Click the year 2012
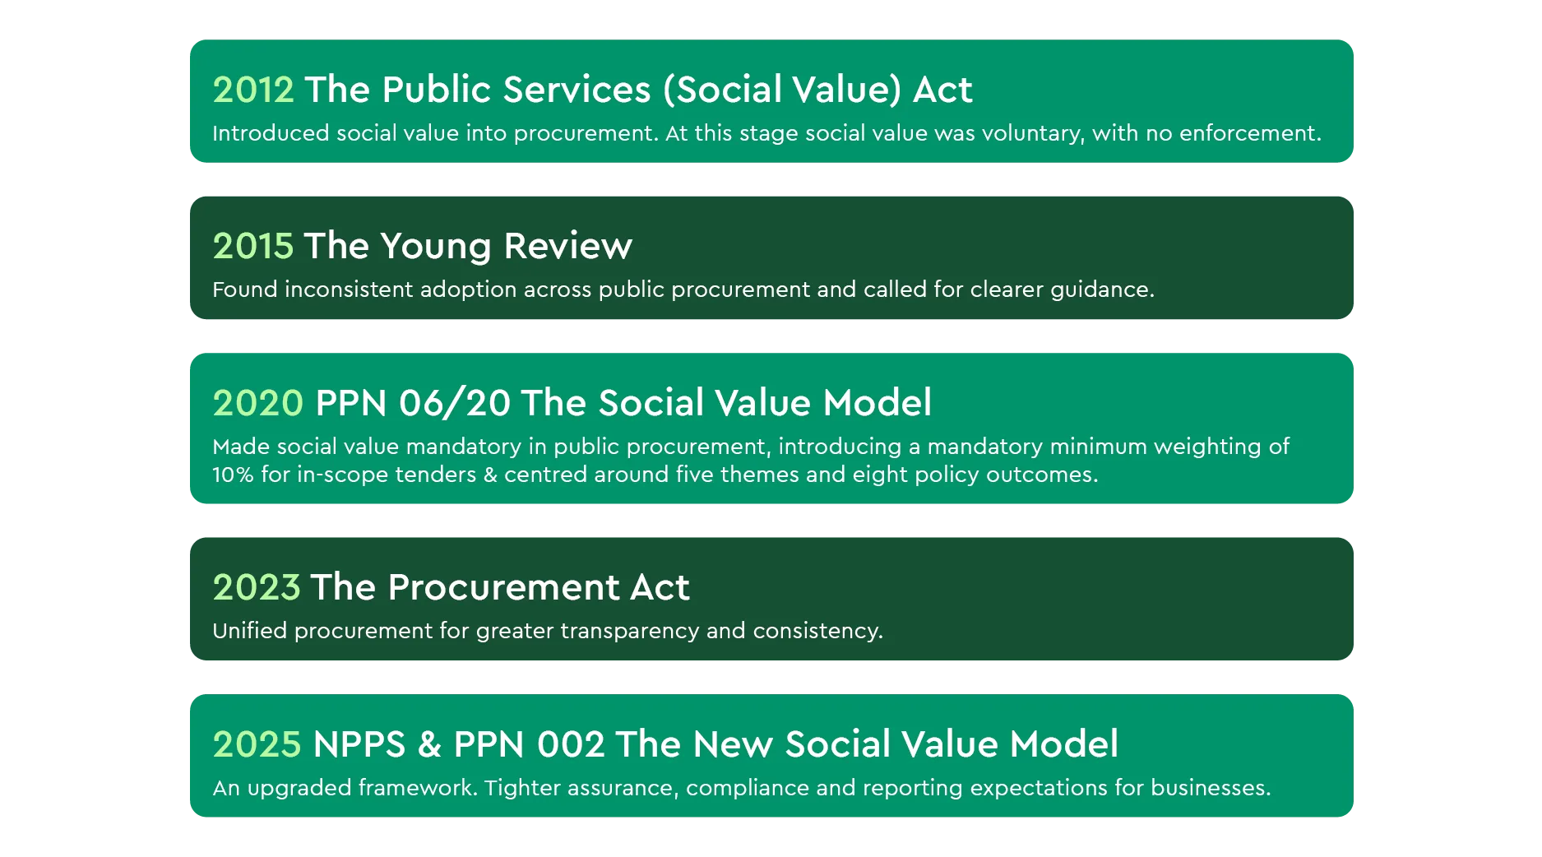tap(253, 90)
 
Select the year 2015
tap(253, 246)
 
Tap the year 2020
tap(258, 403)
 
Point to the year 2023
tap(257, 587)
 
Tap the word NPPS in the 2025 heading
tap(359, 744)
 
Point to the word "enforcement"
tap(1250, 133)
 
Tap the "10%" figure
tap(233, 475)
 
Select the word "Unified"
tap(249, 631)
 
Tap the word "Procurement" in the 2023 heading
tap(503, 587)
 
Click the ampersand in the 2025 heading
tap(429, 744)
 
